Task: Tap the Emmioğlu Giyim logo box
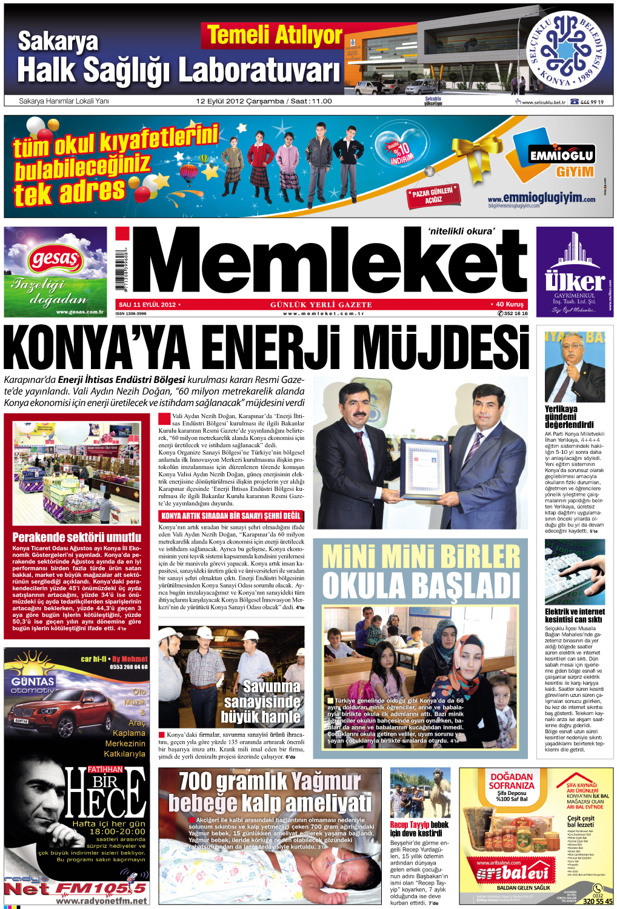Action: (562, 155)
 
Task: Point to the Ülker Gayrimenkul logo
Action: (574, 281)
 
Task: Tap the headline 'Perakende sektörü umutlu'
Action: (77, 538)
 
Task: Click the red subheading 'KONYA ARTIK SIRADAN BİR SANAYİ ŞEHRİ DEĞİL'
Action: (231, 516)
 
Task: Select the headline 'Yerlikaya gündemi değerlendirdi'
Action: (569, 417)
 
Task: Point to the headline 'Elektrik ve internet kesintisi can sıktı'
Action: (573, 616)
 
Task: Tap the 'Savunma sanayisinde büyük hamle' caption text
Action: (261, 702)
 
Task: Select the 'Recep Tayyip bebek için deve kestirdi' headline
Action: (419, 828)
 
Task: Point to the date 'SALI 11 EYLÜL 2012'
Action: (147, 305)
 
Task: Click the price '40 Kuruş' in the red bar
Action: (509, 305)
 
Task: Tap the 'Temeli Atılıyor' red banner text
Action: (275, 36)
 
